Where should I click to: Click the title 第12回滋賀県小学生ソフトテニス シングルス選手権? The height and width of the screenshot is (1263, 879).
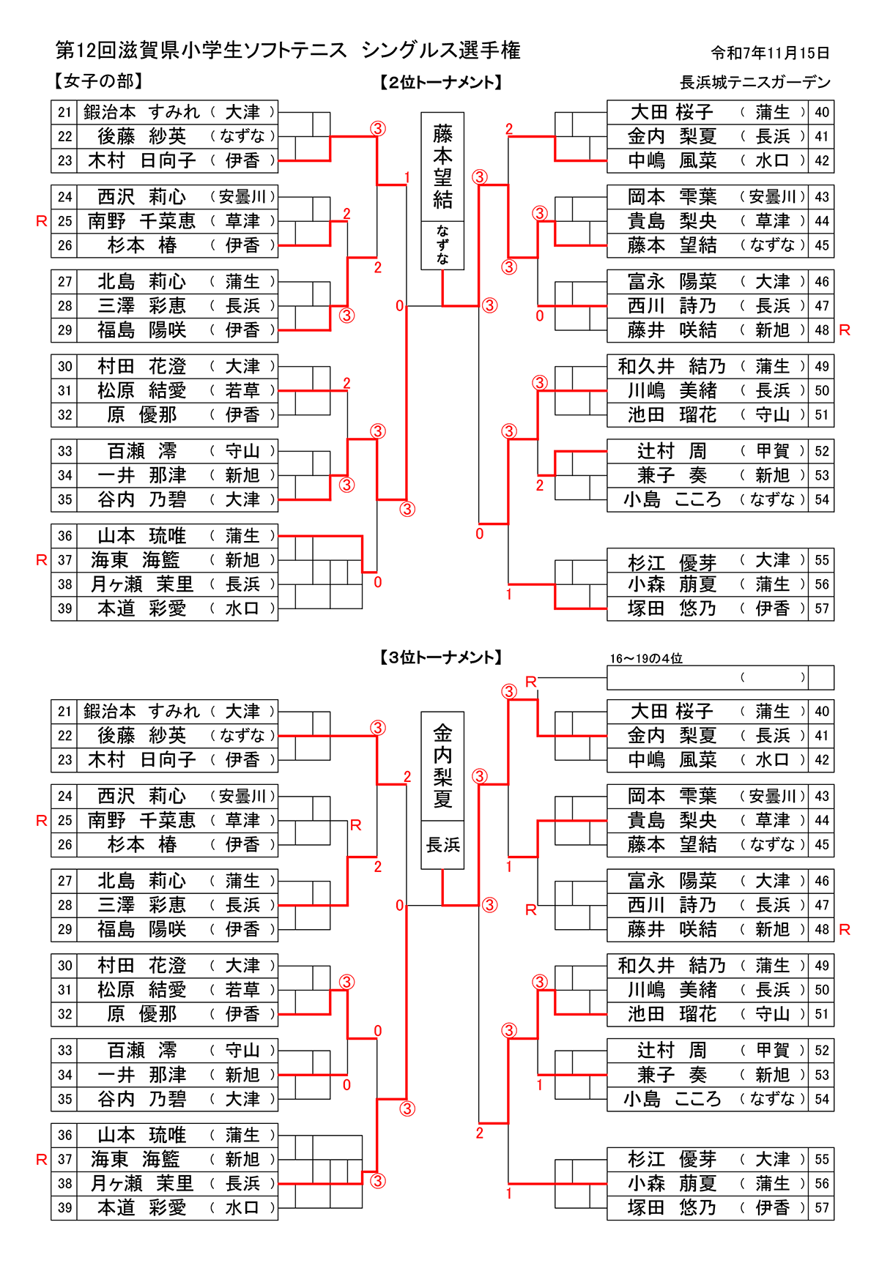(x=288, y=51)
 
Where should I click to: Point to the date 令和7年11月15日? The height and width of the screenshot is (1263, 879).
(x=770, y=53)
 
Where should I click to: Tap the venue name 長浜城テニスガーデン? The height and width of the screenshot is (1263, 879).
(x=755, y=82)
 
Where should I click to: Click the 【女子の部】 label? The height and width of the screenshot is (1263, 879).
(x=97, y=81)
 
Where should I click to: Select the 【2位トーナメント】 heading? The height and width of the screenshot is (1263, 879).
(x=442, y=83)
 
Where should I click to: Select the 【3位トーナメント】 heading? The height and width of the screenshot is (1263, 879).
(x=442, y=657)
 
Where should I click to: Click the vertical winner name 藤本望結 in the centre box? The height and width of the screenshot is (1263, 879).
(x=442, y=167)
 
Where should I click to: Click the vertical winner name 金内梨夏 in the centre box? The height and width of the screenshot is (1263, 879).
(x=442, y=766)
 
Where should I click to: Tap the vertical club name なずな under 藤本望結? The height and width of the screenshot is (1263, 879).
(x=442, y=245)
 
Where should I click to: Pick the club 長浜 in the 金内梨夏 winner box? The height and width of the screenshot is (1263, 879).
(x=442, y=845)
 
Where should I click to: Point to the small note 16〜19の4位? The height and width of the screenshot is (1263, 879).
(x=645, y=659)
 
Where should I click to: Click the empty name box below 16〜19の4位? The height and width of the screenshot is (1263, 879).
(x=707, y=677)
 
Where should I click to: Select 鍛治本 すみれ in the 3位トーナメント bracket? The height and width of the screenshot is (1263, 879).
(x=141, y=711)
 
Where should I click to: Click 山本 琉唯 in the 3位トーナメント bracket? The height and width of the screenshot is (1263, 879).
(x=141, y=1135)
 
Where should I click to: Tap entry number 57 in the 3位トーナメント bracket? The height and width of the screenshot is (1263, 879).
(x=822, y=1207)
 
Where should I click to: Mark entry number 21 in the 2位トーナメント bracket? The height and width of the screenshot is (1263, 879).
(x=64, y=112)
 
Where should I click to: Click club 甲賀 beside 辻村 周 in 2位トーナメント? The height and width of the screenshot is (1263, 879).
(x=772, y=451)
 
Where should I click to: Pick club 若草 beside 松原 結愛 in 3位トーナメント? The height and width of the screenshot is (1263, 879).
(x=242, y=990)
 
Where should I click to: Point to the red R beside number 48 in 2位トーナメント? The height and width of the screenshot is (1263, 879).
(x=845, y=330)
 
